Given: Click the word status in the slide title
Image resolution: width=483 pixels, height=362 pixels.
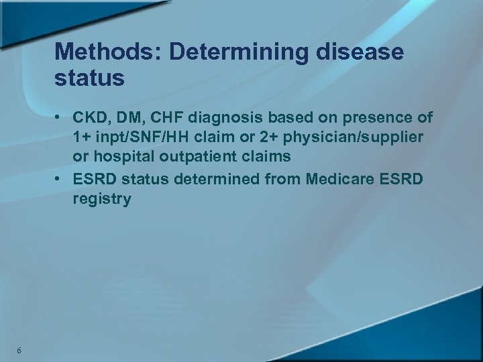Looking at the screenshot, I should (90, 78).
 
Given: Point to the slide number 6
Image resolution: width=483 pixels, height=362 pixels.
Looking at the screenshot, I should (19, 351).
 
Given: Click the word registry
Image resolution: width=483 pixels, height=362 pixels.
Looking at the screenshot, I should (103, 199).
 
